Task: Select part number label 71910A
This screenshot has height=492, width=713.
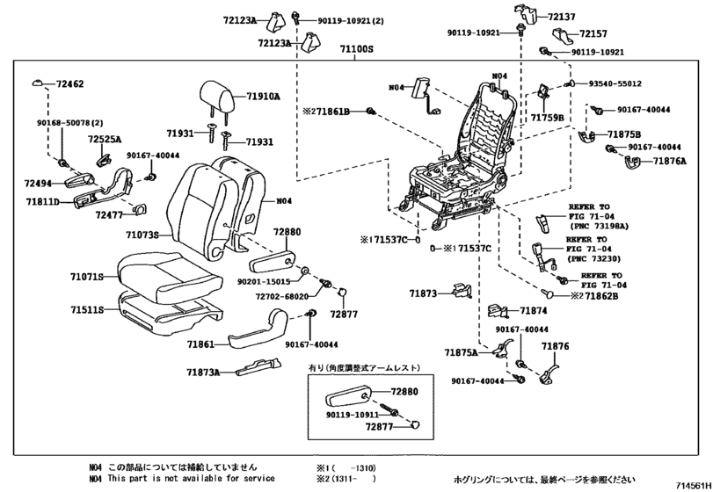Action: tap(263, 98)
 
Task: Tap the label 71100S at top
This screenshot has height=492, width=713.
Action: tap(357, 51)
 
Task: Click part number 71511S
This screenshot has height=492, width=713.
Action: tap(87, 310)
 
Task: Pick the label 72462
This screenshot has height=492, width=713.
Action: tap(70, 84)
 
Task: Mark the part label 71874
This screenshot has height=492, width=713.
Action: tap(533, 310)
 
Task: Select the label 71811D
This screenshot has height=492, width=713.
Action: tap(41, 202)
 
